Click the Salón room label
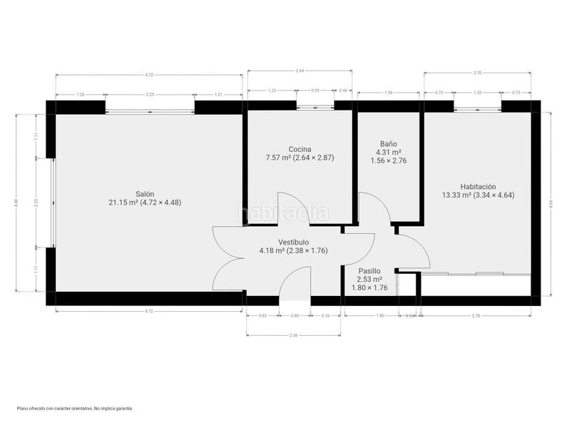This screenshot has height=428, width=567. [145, 193]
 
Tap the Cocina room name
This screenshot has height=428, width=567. [299, 149]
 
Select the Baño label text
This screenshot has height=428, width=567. [388, 143]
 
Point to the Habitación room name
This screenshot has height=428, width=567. [478, 185]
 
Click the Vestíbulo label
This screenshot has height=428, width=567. [294, 242]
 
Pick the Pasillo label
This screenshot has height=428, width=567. [369, 271]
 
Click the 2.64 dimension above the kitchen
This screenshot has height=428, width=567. [300, 71]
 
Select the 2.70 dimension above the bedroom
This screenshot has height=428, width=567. [477, 73]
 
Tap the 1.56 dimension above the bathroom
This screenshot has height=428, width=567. [389, 93]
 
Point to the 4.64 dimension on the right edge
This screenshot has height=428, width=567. [551, 203]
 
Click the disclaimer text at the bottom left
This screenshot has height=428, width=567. [75, 408]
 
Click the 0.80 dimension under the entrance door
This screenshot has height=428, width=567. [295, 315]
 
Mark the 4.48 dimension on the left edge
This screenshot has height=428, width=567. [16, 203]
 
